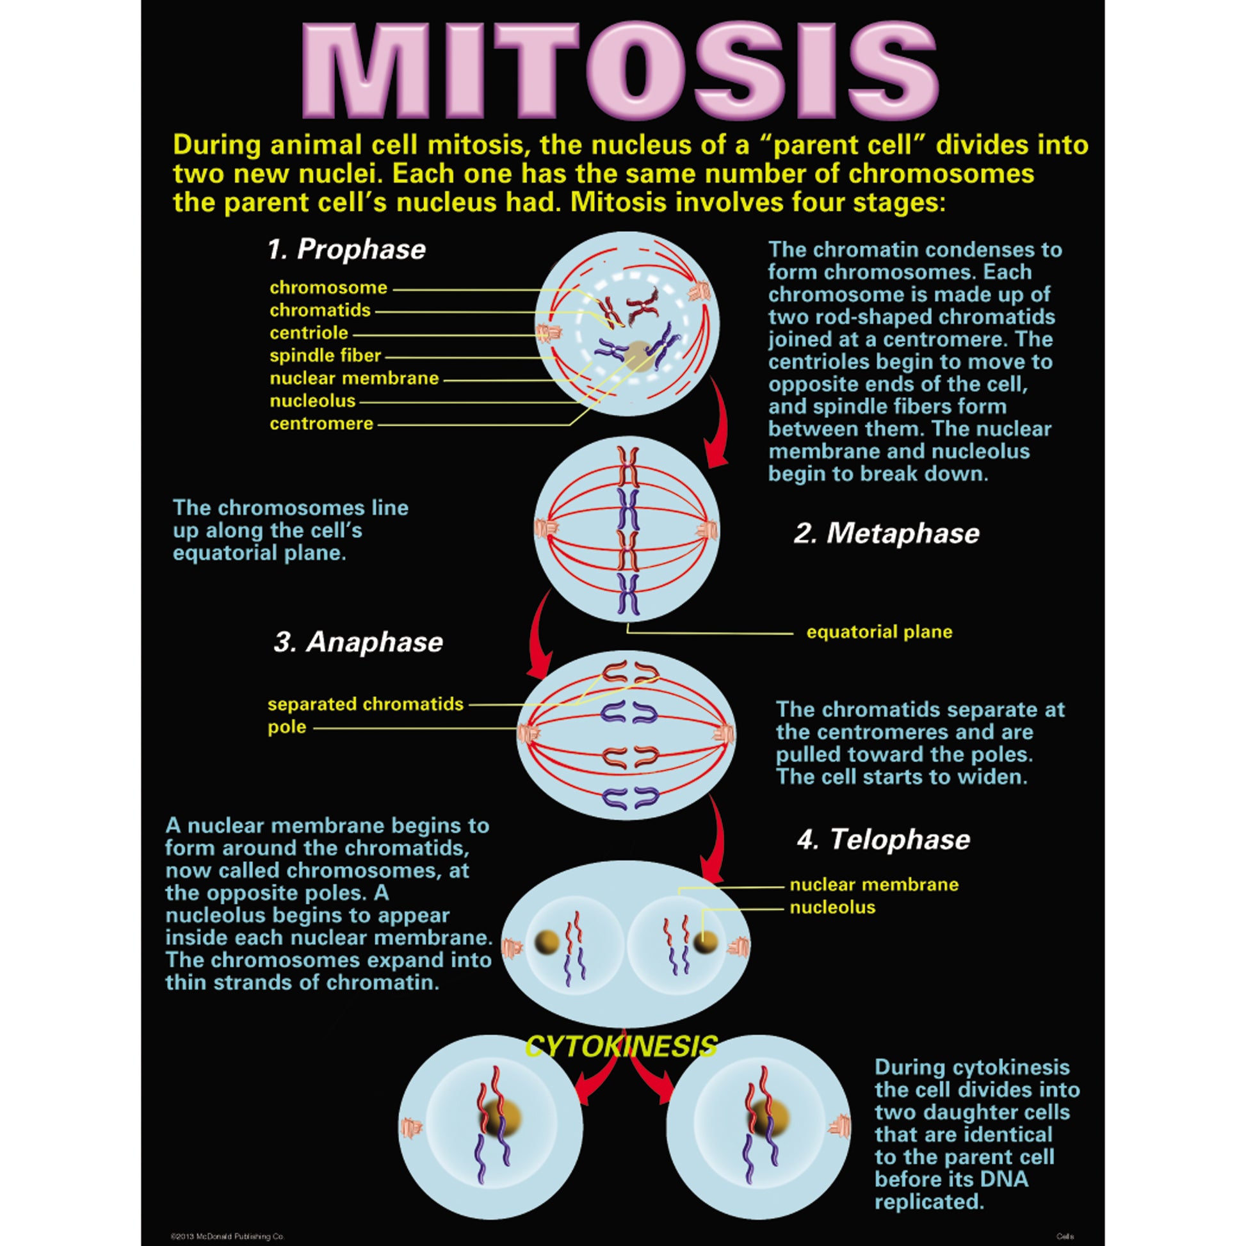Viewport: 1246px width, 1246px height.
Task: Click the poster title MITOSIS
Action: tap(619, 71)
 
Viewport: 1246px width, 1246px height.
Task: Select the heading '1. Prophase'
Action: tap(347, 250)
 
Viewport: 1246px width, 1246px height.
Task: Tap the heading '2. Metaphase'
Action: tap(887, 533)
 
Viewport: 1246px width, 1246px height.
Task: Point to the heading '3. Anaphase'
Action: tap(359, 642)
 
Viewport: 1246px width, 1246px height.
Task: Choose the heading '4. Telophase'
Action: tap(884, 839)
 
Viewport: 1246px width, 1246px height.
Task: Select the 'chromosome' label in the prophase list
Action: tap(328, 287)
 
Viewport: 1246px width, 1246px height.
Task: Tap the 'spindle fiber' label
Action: tap(325, 355)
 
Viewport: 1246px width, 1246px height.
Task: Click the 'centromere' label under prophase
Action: tap(321, 424)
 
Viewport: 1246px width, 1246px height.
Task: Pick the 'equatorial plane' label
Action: tap(879, 631)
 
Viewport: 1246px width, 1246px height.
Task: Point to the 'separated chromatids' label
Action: tap(365, 704)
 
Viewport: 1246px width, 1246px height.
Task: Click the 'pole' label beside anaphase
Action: tap(287, 727)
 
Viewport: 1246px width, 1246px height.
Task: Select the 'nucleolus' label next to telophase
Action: tap(832, 907)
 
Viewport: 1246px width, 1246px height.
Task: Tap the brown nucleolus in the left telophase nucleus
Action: tap(547, 943)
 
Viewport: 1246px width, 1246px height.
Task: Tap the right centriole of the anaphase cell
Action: tap(725, 733)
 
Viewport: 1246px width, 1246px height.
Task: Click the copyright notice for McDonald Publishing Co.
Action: tap(227, 1236)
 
